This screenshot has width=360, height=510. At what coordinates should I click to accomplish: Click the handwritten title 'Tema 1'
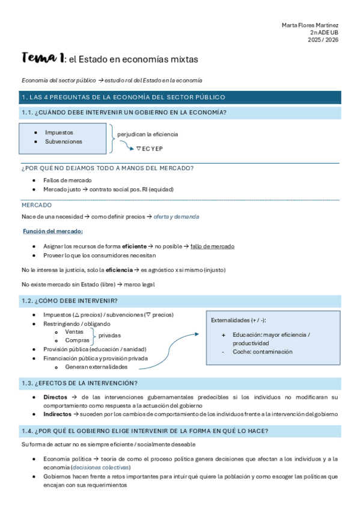(43, 58)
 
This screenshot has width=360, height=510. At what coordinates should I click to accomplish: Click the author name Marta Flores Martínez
(310, 25)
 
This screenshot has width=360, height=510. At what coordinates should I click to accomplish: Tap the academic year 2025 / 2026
(323, 40)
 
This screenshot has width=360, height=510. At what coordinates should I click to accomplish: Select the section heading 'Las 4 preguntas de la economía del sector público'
(123, 97)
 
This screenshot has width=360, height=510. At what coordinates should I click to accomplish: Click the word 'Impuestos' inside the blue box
(59, 132)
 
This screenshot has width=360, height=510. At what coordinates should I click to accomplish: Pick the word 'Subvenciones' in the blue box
(64, 142)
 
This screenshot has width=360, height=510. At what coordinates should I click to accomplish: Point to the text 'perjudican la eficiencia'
(148, 134)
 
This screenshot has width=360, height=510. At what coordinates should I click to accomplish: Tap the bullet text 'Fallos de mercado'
(67, 180)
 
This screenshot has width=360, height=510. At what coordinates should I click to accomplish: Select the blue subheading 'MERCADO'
(37, 205)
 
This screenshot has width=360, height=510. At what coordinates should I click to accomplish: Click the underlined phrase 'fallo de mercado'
(212, 247)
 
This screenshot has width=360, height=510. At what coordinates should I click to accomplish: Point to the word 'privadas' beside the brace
(109, 335)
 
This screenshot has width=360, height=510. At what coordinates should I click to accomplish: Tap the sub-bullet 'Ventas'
(74, 331)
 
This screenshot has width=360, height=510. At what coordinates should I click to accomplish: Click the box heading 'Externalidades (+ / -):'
(239, 321)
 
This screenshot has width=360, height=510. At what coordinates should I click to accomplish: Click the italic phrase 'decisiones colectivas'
(100, 467)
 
